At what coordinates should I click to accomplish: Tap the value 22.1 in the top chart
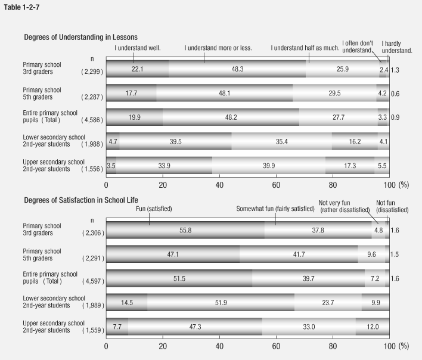click(137, 69)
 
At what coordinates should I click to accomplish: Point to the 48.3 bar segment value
click(237, 69)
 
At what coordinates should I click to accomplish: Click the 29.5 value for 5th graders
click(336, 92)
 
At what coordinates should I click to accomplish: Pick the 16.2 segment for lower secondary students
click(355, 141)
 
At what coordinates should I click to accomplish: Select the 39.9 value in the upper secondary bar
click(269, 165)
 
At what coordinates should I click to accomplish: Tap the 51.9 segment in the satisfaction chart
click(221, 302)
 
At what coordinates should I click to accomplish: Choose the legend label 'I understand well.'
click(138, 47)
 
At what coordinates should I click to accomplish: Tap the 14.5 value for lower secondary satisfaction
click(127, 302)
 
